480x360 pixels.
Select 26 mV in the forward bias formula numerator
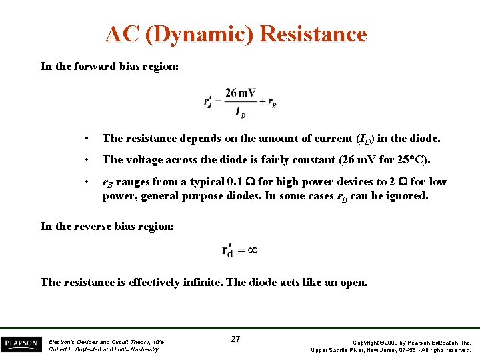tap(241, 93)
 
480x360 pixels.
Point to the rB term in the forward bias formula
tap(272, 103)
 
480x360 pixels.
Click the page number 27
tap(235, 339)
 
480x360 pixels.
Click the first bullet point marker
tap(87, 139)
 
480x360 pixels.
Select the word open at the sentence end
tap(353, 282)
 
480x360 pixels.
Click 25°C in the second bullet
tap(411, 160)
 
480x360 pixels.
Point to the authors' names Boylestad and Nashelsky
tap(103, 349)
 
